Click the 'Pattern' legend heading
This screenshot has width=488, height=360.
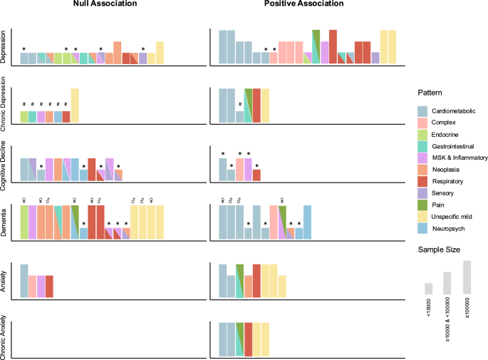(429, 93)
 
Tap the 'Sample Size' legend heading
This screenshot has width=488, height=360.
(437, 250)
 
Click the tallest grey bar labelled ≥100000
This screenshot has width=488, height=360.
(467, 277)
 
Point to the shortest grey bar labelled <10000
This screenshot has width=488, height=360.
(429, 289)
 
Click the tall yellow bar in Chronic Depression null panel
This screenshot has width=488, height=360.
(75, 105)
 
